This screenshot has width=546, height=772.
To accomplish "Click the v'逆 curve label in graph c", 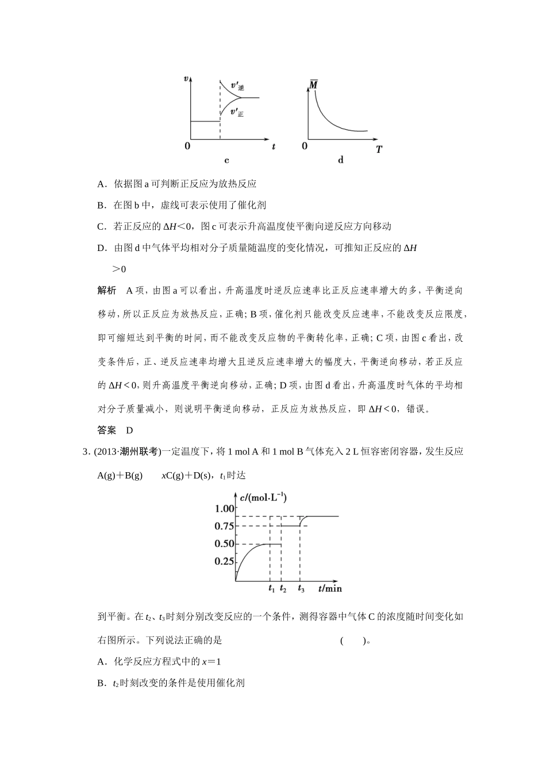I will point(237,86).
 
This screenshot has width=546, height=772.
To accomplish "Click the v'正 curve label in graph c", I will point(237,113).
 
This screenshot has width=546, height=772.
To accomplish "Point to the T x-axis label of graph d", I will point(379,149).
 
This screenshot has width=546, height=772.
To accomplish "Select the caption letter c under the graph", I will point(226,160).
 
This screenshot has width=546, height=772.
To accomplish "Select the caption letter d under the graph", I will point(341,160).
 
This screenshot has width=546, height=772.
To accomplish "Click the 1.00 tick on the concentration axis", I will point(224,508).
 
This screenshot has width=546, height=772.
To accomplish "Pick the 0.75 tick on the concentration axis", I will point(224,526).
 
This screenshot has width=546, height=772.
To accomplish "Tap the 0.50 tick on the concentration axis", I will point(224,544).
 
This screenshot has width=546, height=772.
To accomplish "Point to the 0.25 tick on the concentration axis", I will point(224,562).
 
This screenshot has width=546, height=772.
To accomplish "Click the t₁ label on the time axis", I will point(271,589).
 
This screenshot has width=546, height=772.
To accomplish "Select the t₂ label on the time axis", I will point(283,589).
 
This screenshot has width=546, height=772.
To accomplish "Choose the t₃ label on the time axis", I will point(301,589).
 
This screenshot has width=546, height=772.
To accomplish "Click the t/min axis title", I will point(330,588).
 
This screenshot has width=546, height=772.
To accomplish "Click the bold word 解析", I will point(107,290).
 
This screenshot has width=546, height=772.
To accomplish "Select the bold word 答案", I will point(107,430).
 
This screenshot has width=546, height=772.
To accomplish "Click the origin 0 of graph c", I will point(187,146).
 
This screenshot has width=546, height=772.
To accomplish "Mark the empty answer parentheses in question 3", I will point(353,640).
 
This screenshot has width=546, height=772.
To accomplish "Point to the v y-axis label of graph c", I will point(186,78).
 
